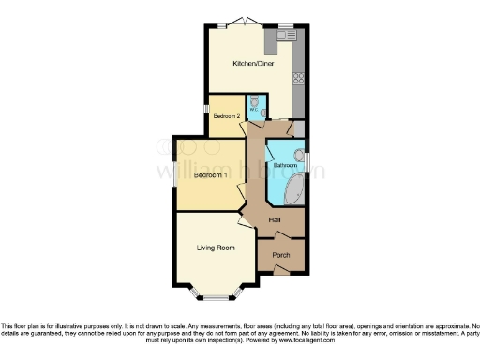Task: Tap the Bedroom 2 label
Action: coord(227,115)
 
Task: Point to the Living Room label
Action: coord(215,247)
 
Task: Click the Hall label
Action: coord(276,220)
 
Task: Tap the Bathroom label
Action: coord(284,165)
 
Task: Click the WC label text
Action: coord(252,109)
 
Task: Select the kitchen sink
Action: coord(286,36)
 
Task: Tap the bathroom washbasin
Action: coord(300,156)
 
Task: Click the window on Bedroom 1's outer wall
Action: coord(174,175)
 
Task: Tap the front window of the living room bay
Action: coord(215,298)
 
